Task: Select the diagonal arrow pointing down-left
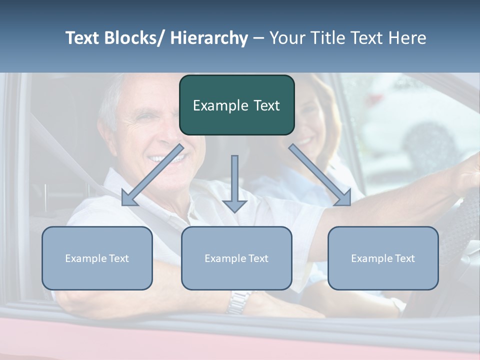click(152, 175)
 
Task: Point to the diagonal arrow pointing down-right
click(320, 175)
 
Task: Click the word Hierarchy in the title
click(208, 38)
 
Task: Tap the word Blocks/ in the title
click(134, 38)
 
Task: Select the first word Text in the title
click(83, 38)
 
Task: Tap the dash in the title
click(258, 38)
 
